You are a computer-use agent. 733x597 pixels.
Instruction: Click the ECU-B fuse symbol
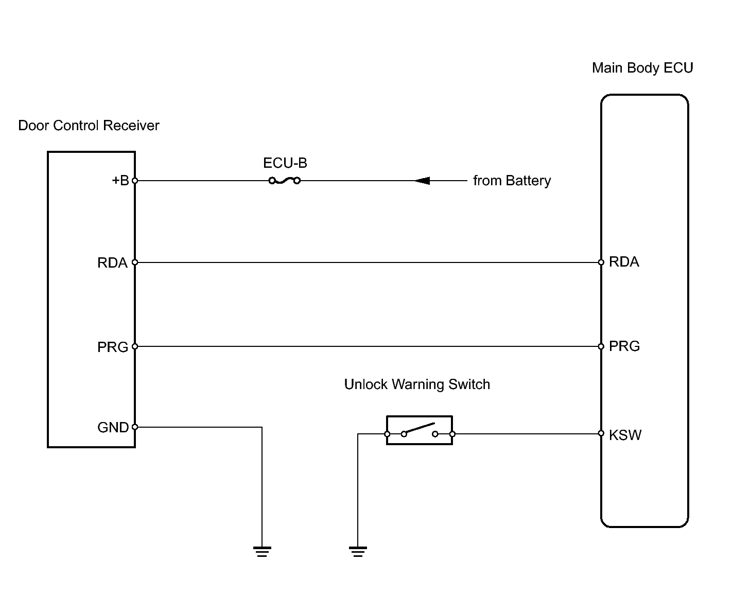click(284, 181)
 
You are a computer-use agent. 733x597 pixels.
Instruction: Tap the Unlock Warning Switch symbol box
click(419, 430)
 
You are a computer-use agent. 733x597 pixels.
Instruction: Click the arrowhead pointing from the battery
click(423, 181)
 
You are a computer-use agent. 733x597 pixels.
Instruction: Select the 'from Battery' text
click(512, 181)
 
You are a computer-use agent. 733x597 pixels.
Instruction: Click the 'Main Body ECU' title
click(642, 68)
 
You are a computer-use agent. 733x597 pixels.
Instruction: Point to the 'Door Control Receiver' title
click(89, 126)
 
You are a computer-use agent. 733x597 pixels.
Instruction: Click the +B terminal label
click(120, 181)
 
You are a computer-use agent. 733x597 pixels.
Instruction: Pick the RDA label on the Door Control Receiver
click(112, 263)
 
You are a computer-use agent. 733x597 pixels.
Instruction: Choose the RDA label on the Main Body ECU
click(624, 262)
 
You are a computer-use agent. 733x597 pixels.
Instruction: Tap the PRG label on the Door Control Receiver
click(112, 347)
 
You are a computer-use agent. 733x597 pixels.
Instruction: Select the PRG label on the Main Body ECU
click(624, 346)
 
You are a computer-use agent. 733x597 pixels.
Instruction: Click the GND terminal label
click(113, 428)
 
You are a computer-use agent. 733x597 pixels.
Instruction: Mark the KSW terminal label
click(625, 435)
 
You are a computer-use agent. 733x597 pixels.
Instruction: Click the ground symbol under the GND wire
click(262, 552)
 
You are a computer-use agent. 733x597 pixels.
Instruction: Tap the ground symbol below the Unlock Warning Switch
click(358, 552)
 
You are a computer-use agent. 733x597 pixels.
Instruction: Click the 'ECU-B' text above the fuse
click(285, 163)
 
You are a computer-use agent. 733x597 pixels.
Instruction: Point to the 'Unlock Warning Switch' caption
click(417, 384)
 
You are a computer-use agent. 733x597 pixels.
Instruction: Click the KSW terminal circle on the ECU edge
click(601, 433)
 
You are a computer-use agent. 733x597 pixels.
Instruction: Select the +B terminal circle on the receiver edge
click(135, 181)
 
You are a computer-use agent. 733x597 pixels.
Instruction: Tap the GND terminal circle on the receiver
click(135, 427)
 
